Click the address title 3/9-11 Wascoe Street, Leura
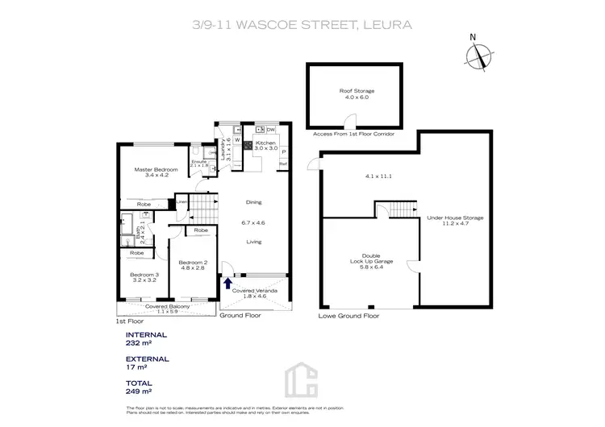click(x=302, y=24)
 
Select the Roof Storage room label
click(x=356, y=94)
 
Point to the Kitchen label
click(x=266, y=145)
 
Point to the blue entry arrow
click(x=227, y=282)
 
